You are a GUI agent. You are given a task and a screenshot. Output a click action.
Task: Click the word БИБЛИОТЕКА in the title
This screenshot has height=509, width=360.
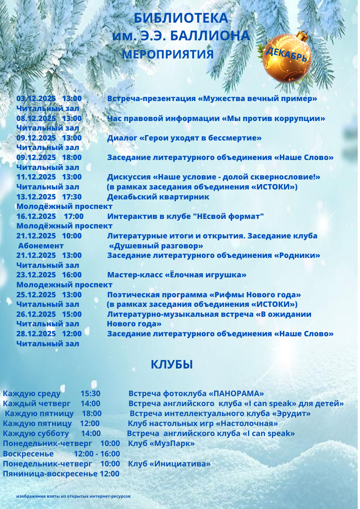point(180,18)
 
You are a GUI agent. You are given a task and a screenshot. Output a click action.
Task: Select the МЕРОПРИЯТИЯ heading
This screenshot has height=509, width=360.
point(168,54)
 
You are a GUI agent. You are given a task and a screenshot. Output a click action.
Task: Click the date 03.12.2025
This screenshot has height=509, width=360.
point(36,98)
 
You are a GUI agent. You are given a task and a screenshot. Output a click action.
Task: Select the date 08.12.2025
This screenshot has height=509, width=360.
point(36,118)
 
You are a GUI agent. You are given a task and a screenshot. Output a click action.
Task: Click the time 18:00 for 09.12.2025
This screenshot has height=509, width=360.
point(72,157)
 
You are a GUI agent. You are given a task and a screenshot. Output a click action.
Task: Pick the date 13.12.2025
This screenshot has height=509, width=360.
point(36,197)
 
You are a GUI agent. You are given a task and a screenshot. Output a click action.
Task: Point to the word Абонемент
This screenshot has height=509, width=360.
point(41,246)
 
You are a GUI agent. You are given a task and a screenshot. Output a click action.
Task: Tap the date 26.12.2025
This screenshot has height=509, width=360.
point(36,314)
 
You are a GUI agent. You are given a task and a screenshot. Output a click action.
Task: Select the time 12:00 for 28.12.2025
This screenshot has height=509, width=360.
point(72,334)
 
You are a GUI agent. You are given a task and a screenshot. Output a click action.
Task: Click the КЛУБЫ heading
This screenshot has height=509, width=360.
point(172,364)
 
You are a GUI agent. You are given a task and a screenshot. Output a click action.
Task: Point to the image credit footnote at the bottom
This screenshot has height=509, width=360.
point(73,496)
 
